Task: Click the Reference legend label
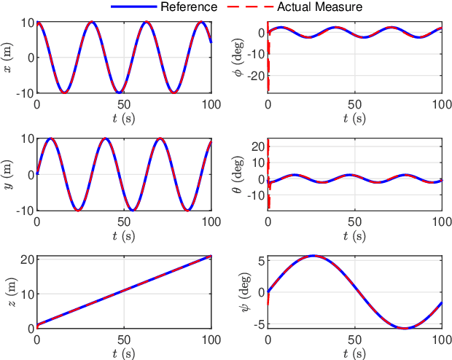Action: click(x=190, y=7)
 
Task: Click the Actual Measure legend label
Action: click(x=319, y=7)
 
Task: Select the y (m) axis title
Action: click(x=8, y=174)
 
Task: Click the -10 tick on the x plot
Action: click(x=23, y=93)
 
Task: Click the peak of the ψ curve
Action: click(x=313, y=256)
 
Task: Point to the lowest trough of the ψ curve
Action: click(x=406, y=328)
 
